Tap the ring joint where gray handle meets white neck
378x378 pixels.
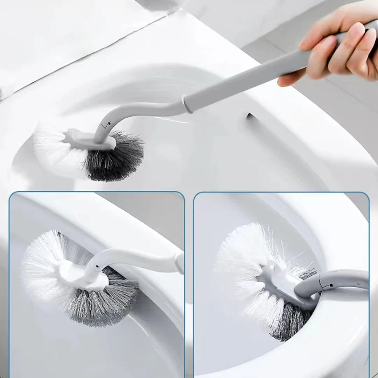(188, 104)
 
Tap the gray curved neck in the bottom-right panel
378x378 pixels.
(336, 278)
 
